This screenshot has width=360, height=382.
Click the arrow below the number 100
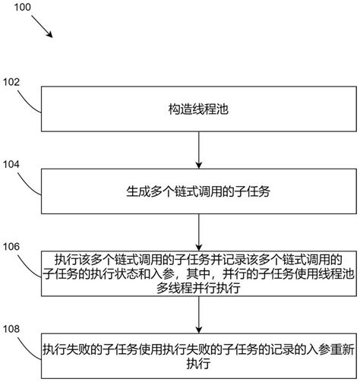39,27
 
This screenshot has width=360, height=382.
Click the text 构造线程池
197,109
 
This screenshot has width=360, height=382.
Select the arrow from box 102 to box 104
198,149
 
